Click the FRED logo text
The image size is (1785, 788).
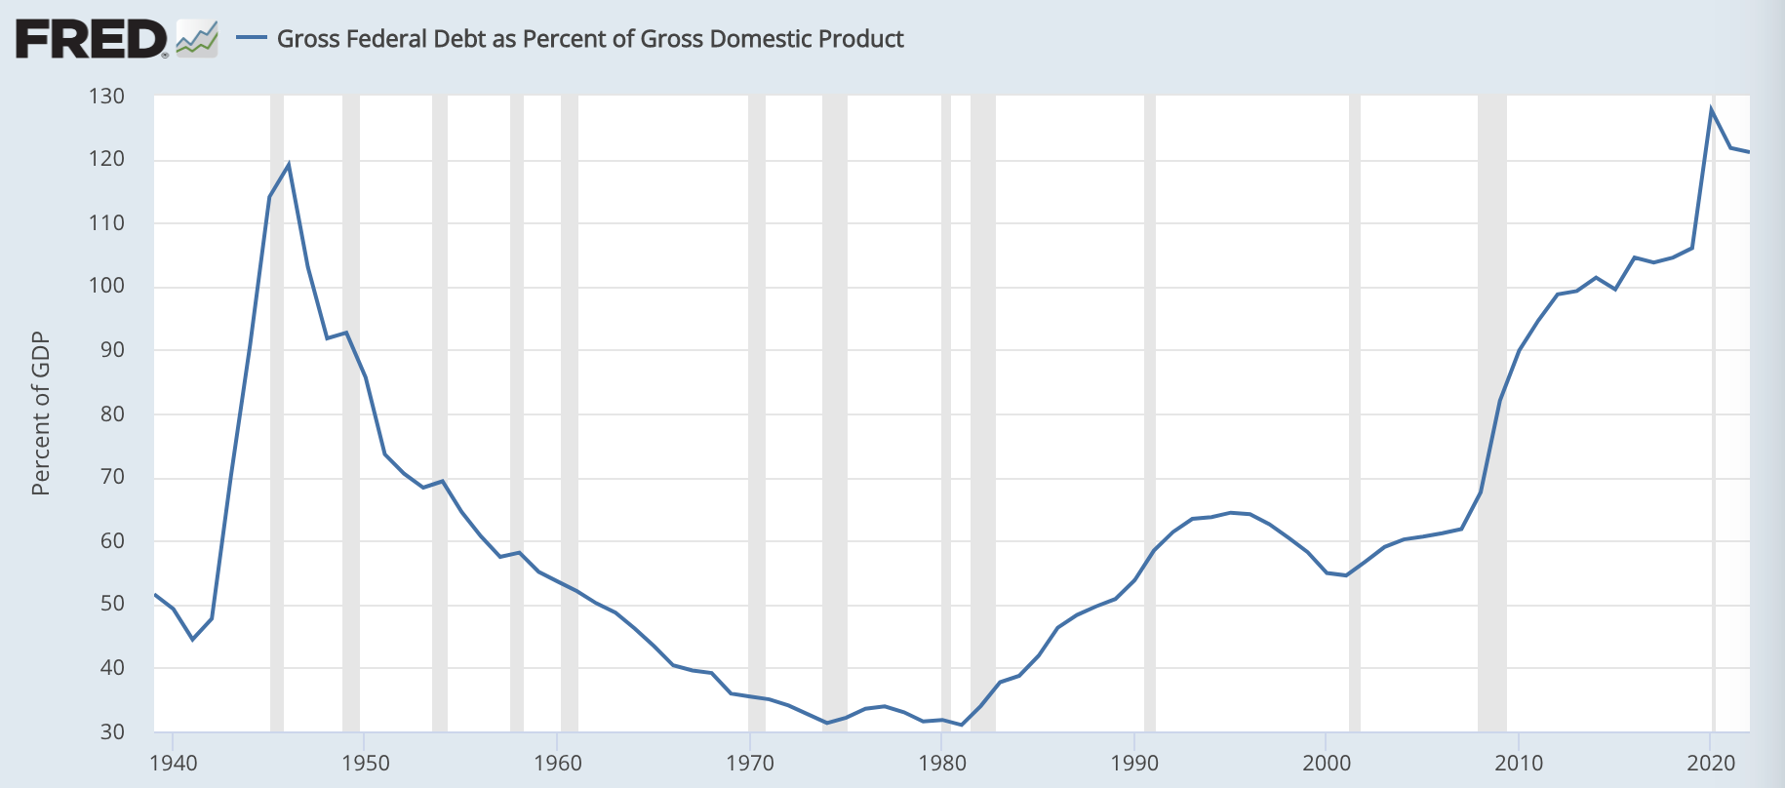pyautogui.click(x=91, y=40)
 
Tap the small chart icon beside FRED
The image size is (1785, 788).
pyautogui.click(x=196, y=39)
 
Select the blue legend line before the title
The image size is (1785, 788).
pyautogui.click(x=252, y=38)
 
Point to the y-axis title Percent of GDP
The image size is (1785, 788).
pyautogui.click(x=40, y=414)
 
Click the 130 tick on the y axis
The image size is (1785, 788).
pyautogui.click(x=106, y=96)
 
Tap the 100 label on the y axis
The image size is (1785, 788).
pyautogui.click(x=106, y=286)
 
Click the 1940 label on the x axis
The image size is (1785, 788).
pyautogui.click(x=173, y=763)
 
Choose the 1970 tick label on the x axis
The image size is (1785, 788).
pyautogui.click(x=750, y=763)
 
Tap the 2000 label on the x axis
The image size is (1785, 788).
pyautogui.click(x=1327, y=763)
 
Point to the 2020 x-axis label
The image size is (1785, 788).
pyautogui.click(x=1712, y=763)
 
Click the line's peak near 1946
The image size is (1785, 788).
pyautogui.click(x=289, y=164)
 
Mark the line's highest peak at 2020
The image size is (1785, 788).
pyautogui.click(x=1712, y=108)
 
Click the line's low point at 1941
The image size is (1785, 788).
pyautogui.click(x=192, y=639)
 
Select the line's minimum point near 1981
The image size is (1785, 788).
pyautogui.click(x=962, y=725)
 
